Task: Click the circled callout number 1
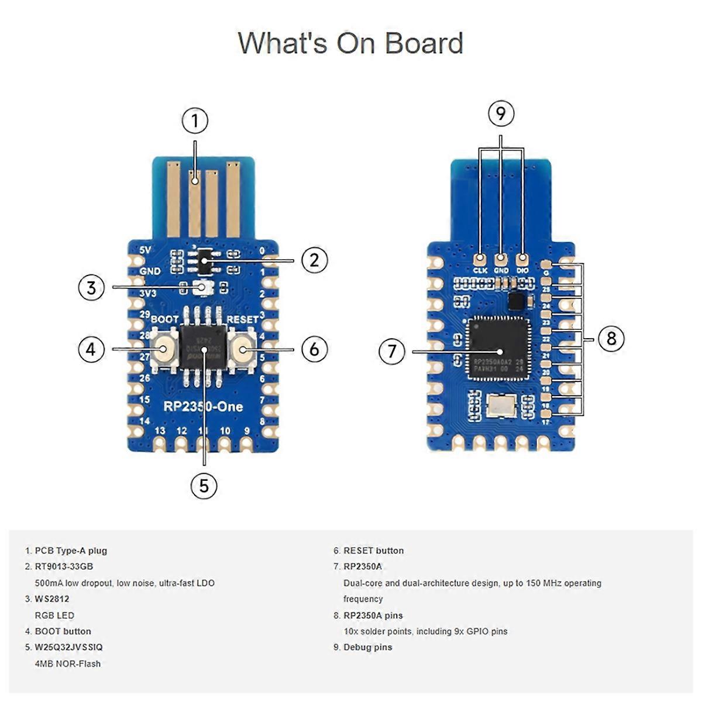195,122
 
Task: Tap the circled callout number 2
314,260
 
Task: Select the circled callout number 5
204,486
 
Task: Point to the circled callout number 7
392,352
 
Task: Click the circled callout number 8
611,339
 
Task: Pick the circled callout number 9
501,113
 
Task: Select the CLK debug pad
480,258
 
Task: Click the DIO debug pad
522,258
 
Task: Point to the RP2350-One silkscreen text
202,407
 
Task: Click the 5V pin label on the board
146,250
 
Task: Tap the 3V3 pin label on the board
147,293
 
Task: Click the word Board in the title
423,43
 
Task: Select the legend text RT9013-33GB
64,566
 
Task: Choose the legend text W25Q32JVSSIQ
68,647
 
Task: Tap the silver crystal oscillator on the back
501,405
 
